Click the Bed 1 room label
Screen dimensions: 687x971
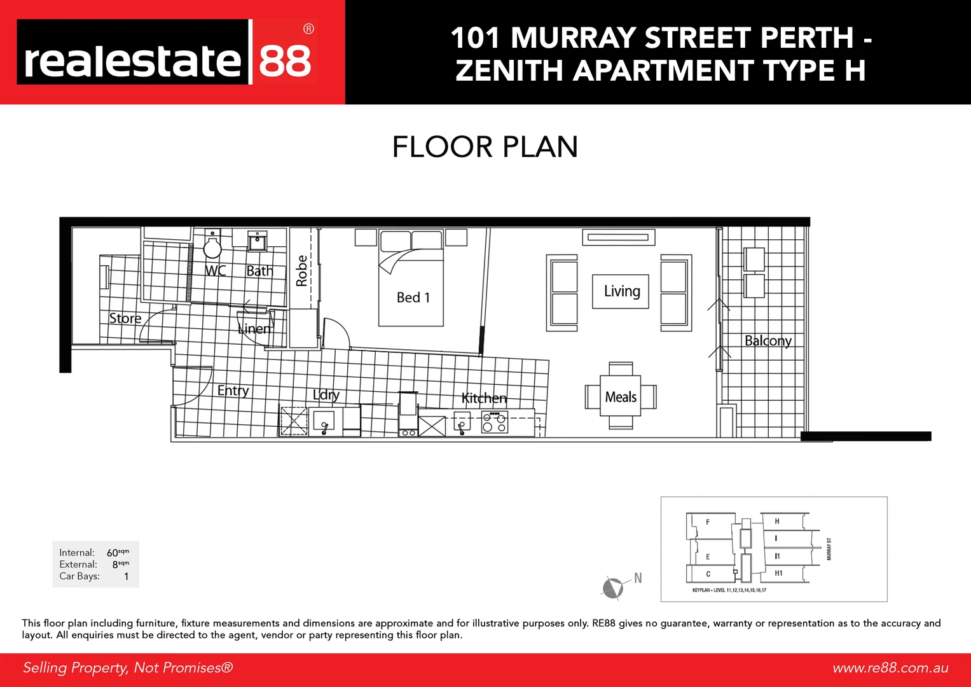click(x=413, y=298)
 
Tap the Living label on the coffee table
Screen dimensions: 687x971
click(x=621, y=291)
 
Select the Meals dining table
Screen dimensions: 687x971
click(x=621, y=397)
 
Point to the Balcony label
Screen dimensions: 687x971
click(x=768, y=341)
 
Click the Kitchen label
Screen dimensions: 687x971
click(x=484, y=398)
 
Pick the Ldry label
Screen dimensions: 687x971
click(x=326, y=395)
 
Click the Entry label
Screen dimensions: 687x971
click(x=233, y=391)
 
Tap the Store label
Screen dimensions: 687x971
click(x=125, y=318)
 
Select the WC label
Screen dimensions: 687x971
click(x=215, y=270)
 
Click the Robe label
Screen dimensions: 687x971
click(x=302, y=271)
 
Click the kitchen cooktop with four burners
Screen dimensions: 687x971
click(x=494, y=422)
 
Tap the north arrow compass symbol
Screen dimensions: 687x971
click(x=612, y=587)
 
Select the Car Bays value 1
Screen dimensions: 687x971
click(x=126, y=576)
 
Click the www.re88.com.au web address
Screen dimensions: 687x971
click(x=890, y=668)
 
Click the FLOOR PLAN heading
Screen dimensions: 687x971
click(x=485, y=147)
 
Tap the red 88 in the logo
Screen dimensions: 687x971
click(x=285, y=61)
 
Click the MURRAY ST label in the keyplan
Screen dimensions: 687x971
click(x=829, y=548)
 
